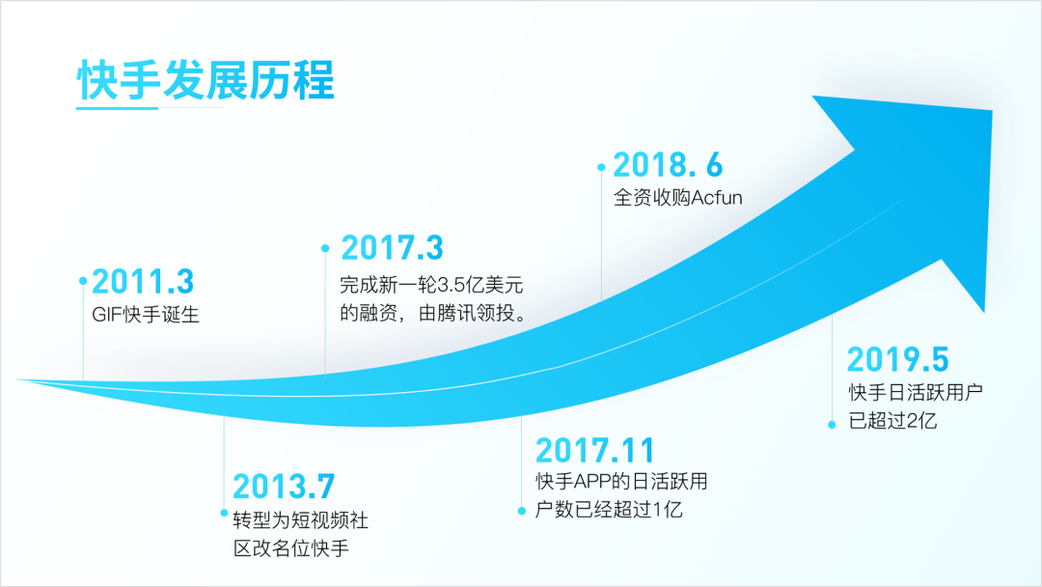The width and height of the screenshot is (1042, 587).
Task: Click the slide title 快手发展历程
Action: [206, 80]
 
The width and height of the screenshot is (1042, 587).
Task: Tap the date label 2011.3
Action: [143, 282]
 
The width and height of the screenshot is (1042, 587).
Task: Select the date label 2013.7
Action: [284, 487]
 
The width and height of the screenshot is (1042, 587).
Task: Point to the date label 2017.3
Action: [392, 248]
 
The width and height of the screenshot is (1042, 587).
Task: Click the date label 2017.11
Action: [595, 450]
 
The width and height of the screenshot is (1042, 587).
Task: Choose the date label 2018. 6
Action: [668, 165]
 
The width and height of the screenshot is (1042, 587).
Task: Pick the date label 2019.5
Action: [898, 360]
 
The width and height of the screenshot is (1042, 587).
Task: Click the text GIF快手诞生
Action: [146, 315]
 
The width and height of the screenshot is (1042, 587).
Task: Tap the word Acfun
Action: [716, 198]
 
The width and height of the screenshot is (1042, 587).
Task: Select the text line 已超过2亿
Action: [892, 421]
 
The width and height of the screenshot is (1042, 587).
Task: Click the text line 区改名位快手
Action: [291, 548]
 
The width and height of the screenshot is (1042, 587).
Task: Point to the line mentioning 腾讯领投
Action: [434, 313]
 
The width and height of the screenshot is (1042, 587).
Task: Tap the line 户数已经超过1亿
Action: [609, 510]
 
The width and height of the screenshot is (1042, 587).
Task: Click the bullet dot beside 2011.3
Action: [83, 281]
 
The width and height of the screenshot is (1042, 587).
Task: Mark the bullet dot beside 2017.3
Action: [325, 249]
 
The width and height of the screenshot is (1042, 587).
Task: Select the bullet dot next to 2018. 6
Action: [601, 168]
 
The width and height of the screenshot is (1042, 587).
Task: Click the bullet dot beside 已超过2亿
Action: [832, 425]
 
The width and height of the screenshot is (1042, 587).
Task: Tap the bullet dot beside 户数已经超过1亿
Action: [522, 512]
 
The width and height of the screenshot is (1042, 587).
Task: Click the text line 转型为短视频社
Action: [301, 519]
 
